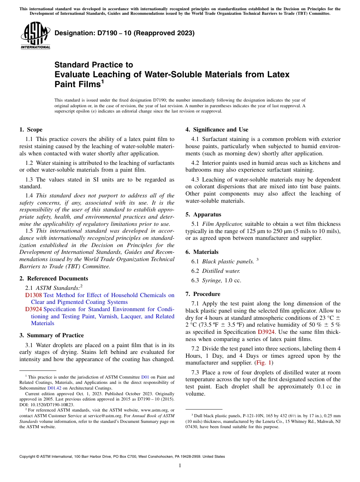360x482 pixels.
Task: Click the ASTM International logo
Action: point(35,36)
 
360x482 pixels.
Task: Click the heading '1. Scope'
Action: point(31,130)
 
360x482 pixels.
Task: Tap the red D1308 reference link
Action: point(33,295)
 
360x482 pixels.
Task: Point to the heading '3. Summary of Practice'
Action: point(52,335)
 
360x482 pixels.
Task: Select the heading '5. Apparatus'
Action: point(203,214)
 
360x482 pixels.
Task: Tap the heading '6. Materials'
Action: point(202,252)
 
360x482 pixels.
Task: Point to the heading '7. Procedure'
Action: point(203,294)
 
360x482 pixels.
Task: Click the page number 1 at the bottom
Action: point(180,465)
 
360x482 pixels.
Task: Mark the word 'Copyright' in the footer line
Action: point(29,457)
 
